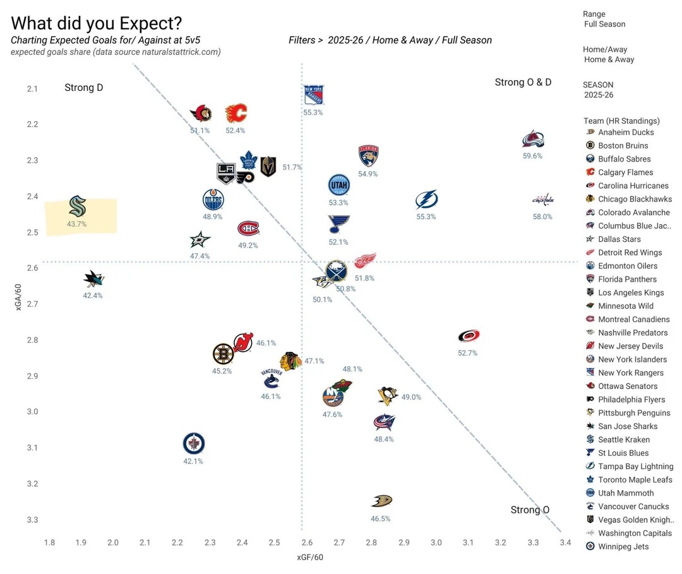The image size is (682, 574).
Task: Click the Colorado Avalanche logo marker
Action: tap(534, 140)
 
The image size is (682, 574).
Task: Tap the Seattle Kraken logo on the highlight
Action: tap(77, 206)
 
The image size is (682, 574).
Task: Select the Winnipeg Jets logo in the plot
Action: tap(194, 444)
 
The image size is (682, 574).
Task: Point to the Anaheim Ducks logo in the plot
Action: tap(381, 501)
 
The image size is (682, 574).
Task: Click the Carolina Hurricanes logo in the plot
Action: tap(469, 337)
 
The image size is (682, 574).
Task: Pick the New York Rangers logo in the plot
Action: tap(313, 95)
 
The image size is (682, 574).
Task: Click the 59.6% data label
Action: tap(532, 156)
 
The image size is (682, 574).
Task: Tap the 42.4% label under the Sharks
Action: tap(93, 296)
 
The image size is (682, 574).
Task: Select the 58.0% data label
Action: tap(542, 217)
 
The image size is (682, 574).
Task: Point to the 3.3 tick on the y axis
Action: tap(32, 520)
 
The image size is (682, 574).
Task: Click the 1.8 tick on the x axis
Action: tap(49, 542)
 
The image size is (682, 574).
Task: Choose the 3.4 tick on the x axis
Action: tap(565, 542)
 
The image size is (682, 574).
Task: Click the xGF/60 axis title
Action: tap(310, 557)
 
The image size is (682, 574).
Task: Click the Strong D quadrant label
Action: tap(83, 88)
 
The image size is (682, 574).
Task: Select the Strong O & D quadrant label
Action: tap(523, 83)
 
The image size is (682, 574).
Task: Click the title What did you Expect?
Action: tap(97, 23)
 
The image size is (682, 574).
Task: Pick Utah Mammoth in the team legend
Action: tap(626, 493)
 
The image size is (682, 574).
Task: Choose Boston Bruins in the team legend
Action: tap(623, 146)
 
